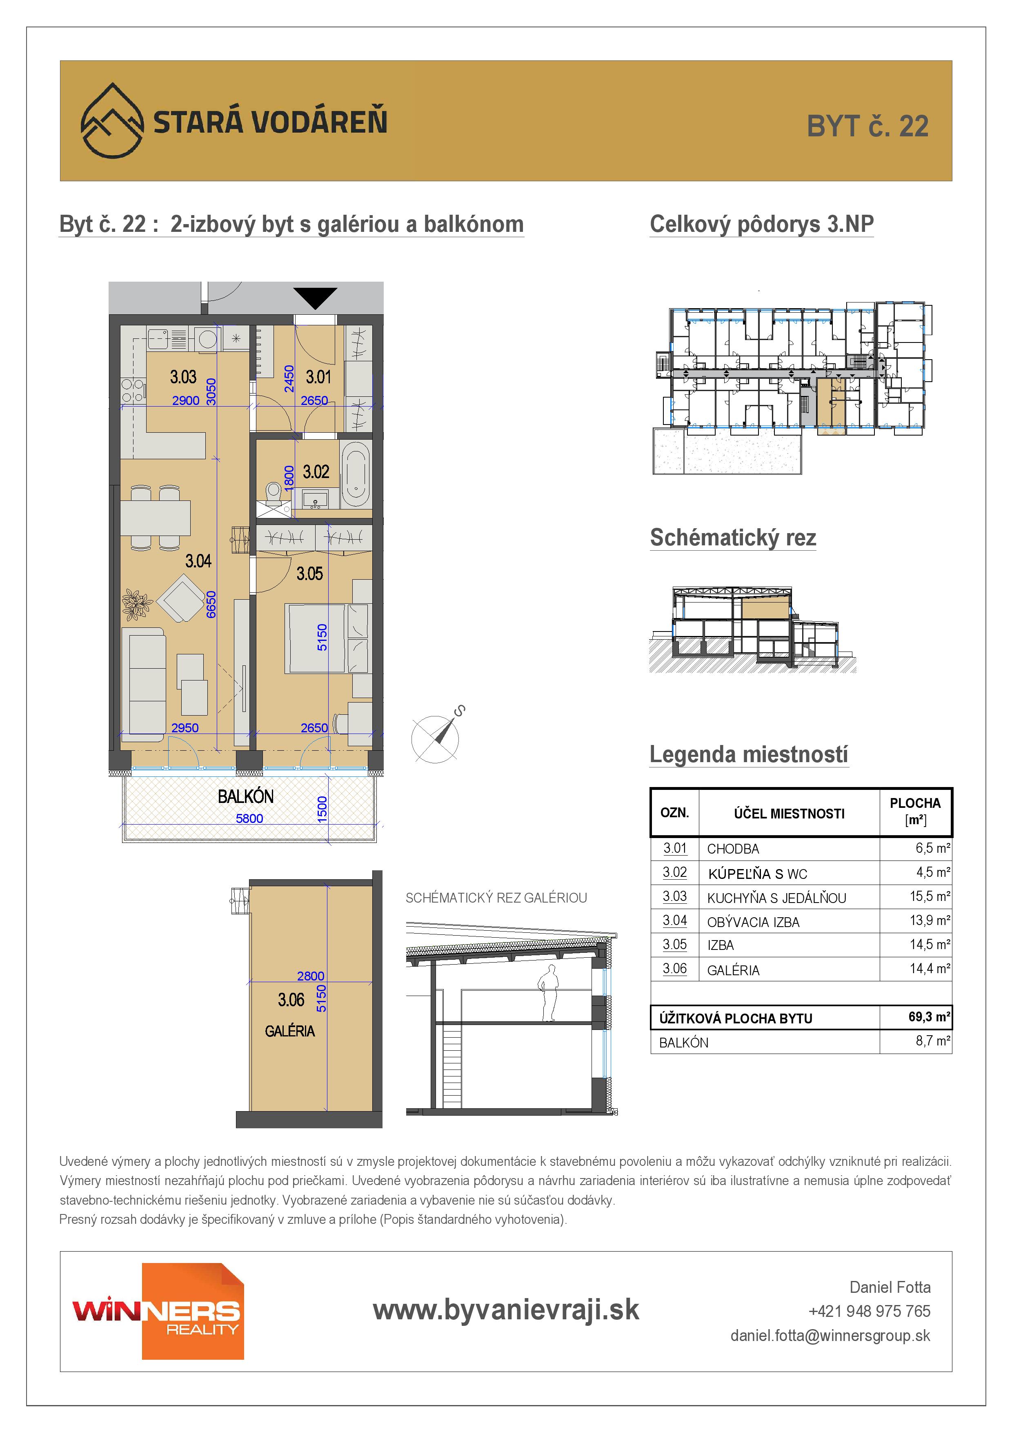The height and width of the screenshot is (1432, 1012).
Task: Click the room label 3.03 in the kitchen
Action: pos(183,377)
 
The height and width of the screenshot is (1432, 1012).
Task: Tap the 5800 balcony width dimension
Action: pos(249,818)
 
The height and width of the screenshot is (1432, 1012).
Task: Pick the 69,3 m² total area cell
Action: pos(929,1016)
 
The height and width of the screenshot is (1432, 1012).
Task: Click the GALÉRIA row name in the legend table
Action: pos(733,970)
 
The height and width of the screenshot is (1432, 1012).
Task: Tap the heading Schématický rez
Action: pos(733,538)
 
